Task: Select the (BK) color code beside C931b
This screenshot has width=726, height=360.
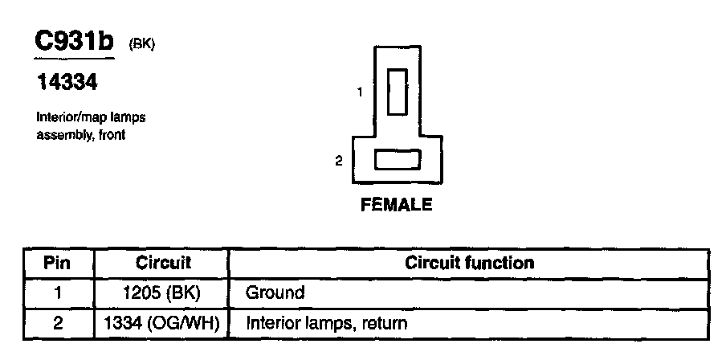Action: coord(141,45)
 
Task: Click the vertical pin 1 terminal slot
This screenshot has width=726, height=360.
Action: coord(398,92)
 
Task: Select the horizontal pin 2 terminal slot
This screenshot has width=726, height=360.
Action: coord(398,160)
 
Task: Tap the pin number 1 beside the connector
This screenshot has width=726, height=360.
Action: coord(360,92)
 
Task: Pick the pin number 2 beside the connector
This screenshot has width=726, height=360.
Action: coord(338,161)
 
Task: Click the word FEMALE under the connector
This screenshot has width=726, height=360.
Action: coord(397,205)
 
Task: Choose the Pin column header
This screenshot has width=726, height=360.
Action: coord(56,263)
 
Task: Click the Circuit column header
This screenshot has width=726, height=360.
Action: coord(163,263)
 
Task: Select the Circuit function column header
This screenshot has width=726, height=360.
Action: coord(470,263)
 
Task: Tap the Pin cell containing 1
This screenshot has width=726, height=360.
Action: coord(56,293)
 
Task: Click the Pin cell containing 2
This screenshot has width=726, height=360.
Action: coord(56,324)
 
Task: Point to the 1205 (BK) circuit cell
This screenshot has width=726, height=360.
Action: coord(163,293)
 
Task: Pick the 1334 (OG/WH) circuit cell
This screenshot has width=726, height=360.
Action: coord(163,324)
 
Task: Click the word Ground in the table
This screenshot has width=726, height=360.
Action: coord(275,293)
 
